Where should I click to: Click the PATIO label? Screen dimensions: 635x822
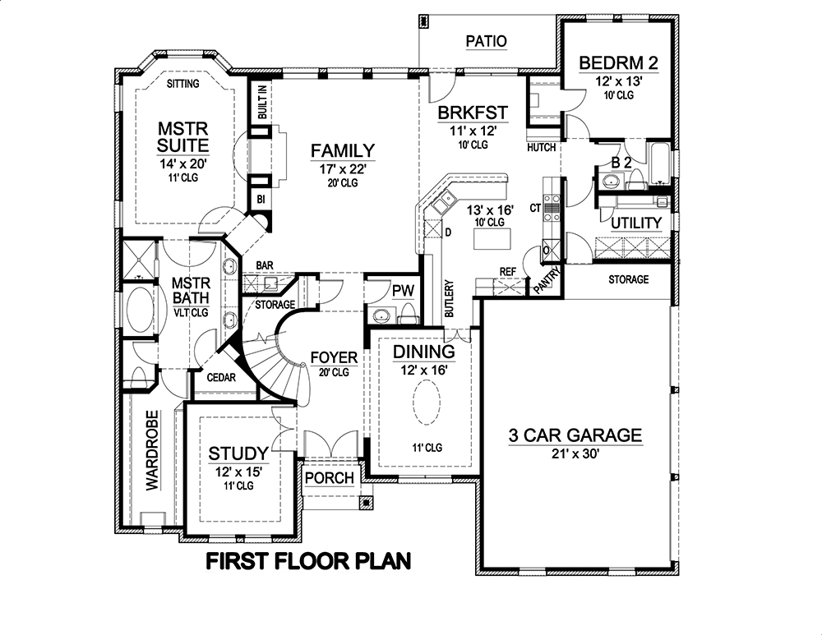pyautogui.click(x=486, y=41)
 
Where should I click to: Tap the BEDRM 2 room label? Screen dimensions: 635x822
pyautogui.click(x=617, y=63)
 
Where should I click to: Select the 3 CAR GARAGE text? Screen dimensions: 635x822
pyautogui.click(x=575, y=435)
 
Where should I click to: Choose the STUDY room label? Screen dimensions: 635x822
pyautogui.click(x=238, y=453)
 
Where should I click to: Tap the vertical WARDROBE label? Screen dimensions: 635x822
pyautogui.click(x=152, y=449)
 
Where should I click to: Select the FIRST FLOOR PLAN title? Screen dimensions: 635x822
pyautogui.click(x=308, y=562)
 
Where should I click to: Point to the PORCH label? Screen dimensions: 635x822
pyautogui.click(x=329, y=478)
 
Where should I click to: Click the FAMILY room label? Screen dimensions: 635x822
pyautogui.click(x=343, y=150)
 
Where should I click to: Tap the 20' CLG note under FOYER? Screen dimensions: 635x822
pyautogui.click(x=334, y=372)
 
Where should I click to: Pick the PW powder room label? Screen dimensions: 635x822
pyautogui.click(x=402, y=290)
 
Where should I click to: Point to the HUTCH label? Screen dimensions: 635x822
pyautogui.click(x=542, y=147)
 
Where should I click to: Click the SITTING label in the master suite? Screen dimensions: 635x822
pyautogui.click(x=182, y=84)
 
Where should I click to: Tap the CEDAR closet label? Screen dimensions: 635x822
pyautogui.click(x=222, y=378)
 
